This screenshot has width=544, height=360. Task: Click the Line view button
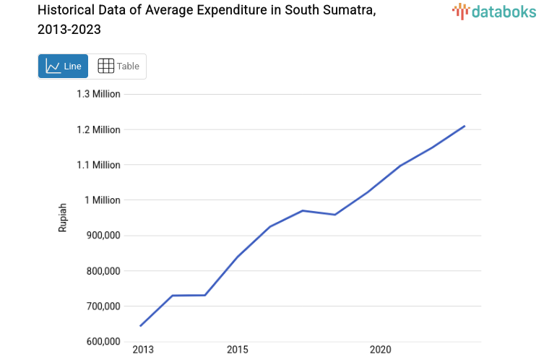[63, 66]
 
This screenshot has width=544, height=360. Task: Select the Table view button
[118, 66]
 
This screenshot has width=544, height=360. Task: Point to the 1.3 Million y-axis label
[98, 94]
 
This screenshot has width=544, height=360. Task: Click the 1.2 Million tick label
[98, 129]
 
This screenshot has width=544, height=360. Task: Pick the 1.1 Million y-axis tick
[98, 165]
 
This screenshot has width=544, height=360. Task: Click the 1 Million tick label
[103, 200]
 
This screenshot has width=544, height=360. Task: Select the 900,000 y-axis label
[100, 236]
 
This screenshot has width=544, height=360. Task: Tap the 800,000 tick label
[100, 271]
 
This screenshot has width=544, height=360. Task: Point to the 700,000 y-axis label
[100, 307]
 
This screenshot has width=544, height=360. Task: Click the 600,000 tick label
[100, 341]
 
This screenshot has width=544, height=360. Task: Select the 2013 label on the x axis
[143, 351]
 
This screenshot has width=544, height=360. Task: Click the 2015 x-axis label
[237, 351]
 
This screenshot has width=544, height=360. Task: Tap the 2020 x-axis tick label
[380, 351]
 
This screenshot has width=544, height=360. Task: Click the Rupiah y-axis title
[63, 217]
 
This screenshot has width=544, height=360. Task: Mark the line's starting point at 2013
[140, 326]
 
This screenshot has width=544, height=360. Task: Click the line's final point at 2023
[465, 126]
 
